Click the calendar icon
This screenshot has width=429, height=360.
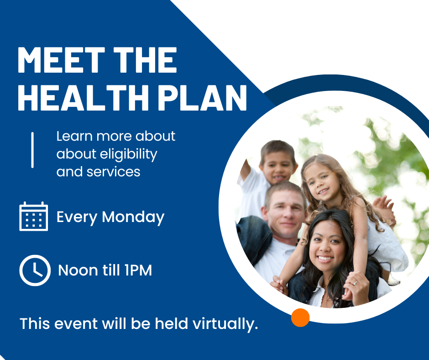(34, 216)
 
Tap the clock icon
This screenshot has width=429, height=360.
(35, 270)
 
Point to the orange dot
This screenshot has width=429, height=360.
(300, 318)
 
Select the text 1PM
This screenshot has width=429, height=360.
(137, 270)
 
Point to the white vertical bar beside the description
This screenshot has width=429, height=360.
(32, 150)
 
